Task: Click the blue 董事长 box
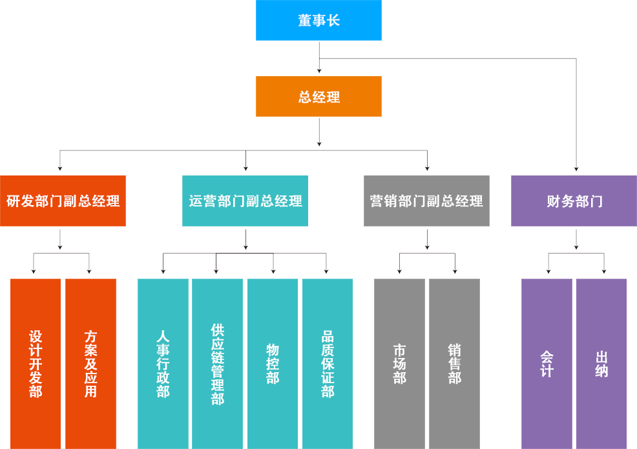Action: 318,21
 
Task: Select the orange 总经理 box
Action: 318,97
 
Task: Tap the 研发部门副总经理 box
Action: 63,201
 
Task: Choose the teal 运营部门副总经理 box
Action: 245,201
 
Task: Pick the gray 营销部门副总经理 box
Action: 426,201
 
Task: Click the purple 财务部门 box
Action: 574,201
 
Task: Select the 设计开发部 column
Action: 36,363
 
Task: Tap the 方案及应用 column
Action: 90,363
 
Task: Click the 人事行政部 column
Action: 163,363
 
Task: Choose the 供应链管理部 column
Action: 217,363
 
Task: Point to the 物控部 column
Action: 273,363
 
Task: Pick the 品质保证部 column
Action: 328,363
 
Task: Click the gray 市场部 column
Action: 399,363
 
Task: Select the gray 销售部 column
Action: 454,363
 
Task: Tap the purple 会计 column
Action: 547,363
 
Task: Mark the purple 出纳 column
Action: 601,363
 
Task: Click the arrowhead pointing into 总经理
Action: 319,71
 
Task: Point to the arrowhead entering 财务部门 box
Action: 576,169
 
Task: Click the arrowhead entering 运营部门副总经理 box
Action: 245,169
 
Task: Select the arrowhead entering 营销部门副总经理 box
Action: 427,169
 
